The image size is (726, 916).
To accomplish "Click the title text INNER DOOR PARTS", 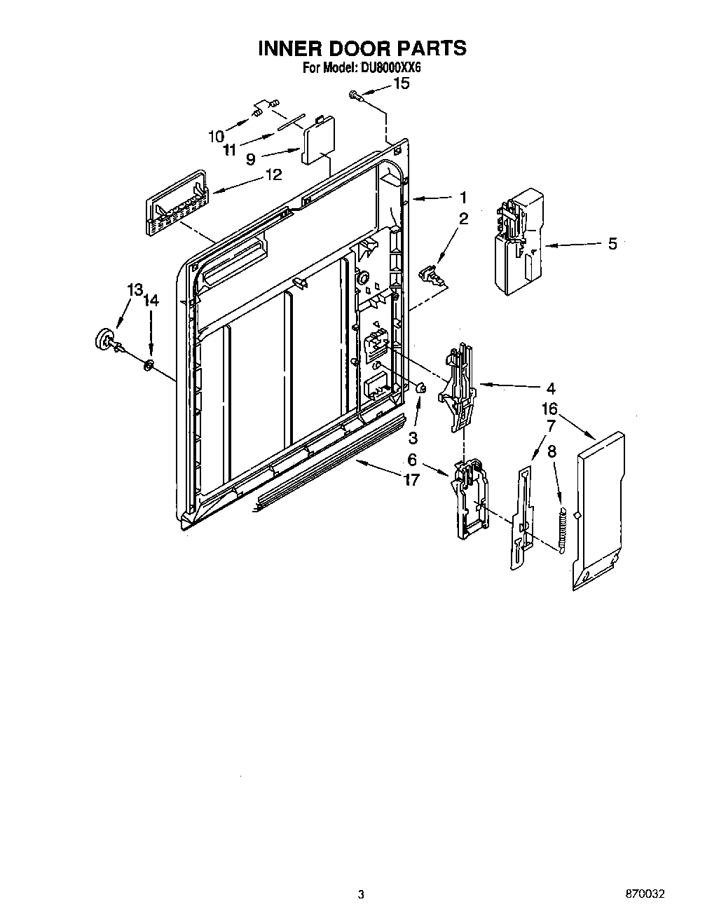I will (362, 48).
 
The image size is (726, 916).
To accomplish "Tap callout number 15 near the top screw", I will (401, 83).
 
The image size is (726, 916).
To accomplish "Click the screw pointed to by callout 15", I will (355, 95).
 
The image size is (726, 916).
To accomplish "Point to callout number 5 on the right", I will (612, 244).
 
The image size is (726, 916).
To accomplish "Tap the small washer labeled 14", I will (148, 364).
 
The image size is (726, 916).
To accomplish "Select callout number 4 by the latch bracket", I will (551, 388).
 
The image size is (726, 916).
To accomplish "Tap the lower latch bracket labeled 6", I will (470, 499).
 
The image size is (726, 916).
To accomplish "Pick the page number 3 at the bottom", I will (361, 894).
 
